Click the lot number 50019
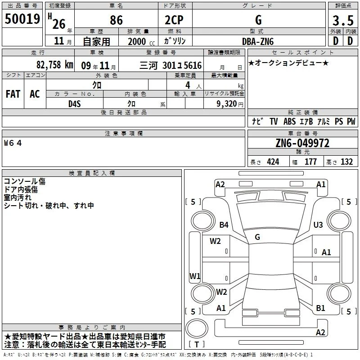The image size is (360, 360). point(22,19)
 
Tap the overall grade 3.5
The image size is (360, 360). point(343,20)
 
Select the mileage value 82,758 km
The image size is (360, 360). point(55,65)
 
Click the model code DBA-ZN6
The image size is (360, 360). point(258,41)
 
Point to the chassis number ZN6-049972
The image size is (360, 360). point(302,143)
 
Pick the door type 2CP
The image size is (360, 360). point(174,20)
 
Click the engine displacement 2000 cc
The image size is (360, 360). point(141,41)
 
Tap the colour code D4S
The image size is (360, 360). point(75,104)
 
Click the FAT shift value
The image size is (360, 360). point(13,94)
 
